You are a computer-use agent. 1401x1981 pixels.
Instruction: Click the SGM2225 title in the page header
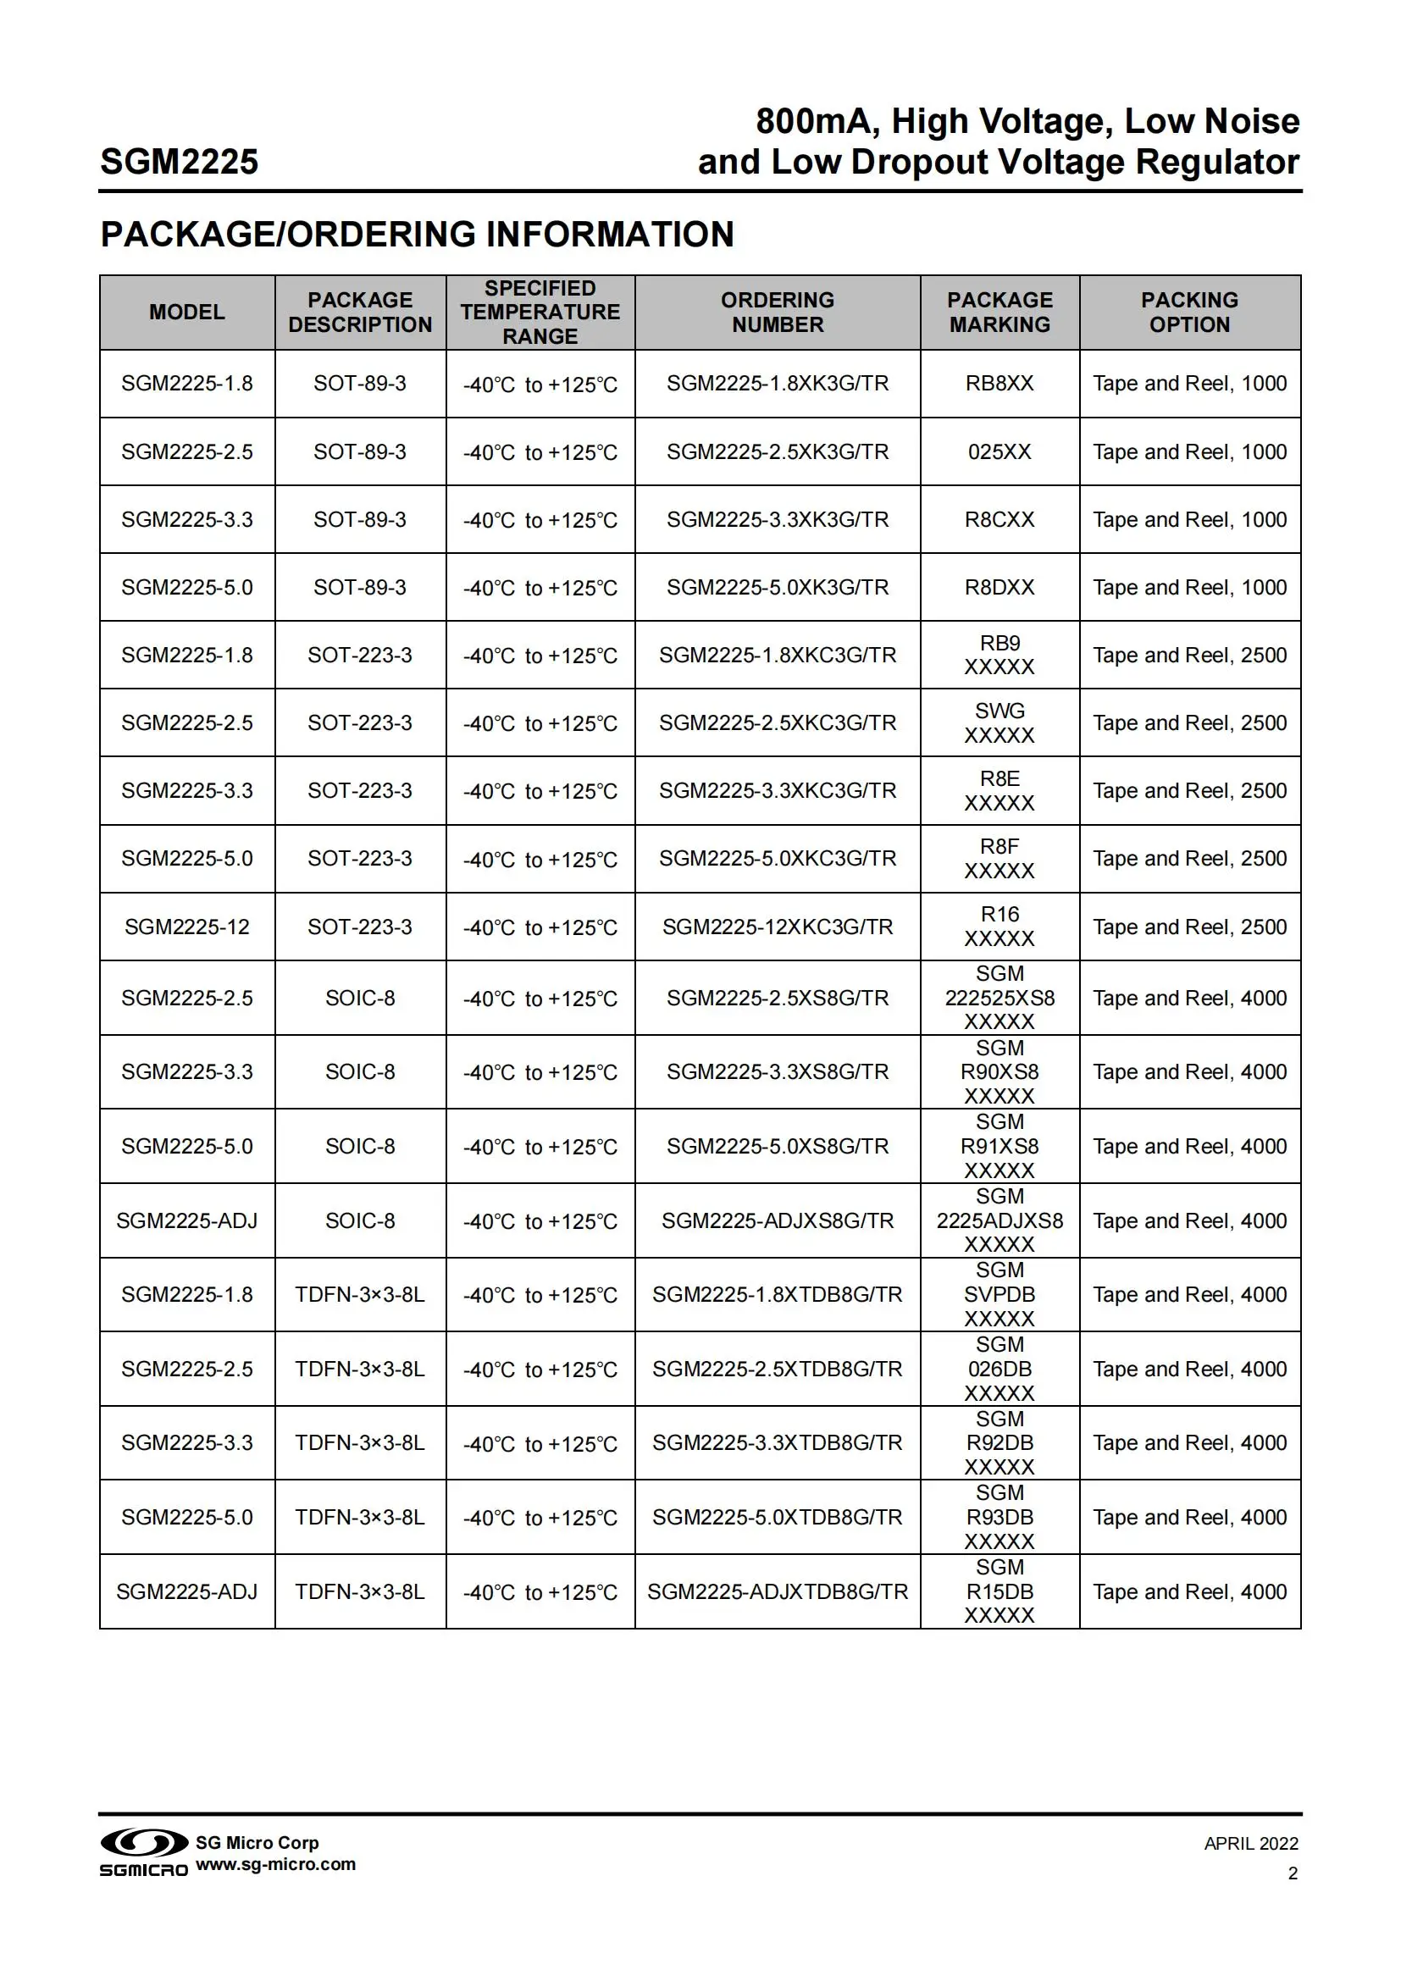[180, 162]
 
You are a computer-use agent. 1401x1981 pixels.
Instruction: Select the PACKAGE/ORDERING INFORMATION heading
[417, 234]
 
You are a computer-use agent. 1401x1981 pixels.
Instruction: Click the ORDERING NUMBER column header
[778, 313]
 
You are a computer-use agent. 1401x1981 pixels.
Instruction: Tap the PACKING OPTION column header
[1188, 313]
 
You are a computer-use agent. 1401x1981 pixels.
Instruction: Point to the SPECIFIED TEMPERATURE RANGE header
[540, 313]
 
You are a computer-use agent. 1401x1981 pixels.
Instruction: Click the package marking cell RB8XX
[999, 383]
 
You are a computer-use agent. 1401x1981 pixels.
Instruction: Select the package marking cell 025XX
[999, 451]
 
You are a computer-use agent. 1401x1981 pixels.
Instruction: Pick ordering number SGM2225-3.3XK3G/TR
[778, 519]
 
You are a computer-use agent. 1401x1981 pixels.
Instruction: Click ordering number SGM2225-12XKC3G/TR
[778, 927]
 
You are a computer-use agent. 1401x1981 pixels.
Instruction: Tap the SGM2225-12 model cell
[187, 927]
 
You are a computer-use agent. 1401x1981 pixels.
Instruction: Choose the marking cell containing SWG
[999, 723]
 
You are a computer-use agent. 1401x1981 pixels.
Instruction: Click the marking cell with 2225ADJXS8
[999, 1221]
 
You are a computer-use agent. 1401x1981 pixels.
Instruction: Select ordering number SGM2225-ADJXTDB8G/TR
[778, 1592]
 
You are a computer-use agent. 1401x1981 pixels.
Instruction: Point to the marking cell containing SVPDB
[999, 1294]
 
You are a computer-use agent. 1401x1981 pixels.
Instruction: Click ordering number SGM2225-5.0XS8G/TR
[778, 1146]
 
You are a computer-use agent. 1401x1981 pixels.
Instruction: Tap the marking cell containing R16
[999, 927]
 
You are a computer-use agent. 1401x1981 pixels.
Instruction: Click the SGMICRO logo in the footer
[144, 1853]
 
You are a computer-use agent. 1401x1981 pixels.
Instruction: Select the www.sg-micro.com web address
[276, 1864]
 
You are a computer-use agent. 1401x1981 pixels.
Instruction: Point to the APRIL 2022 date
[1250, 1844]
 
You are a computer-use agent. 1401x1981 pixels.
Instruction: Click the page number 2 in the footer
[1293, 1873]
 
